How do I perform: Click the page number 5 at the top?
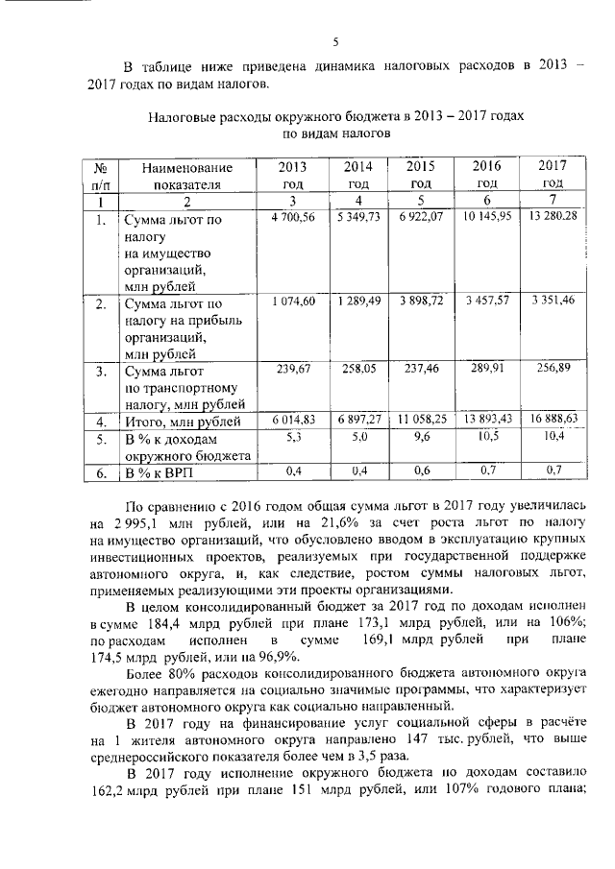coord(335,41)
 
